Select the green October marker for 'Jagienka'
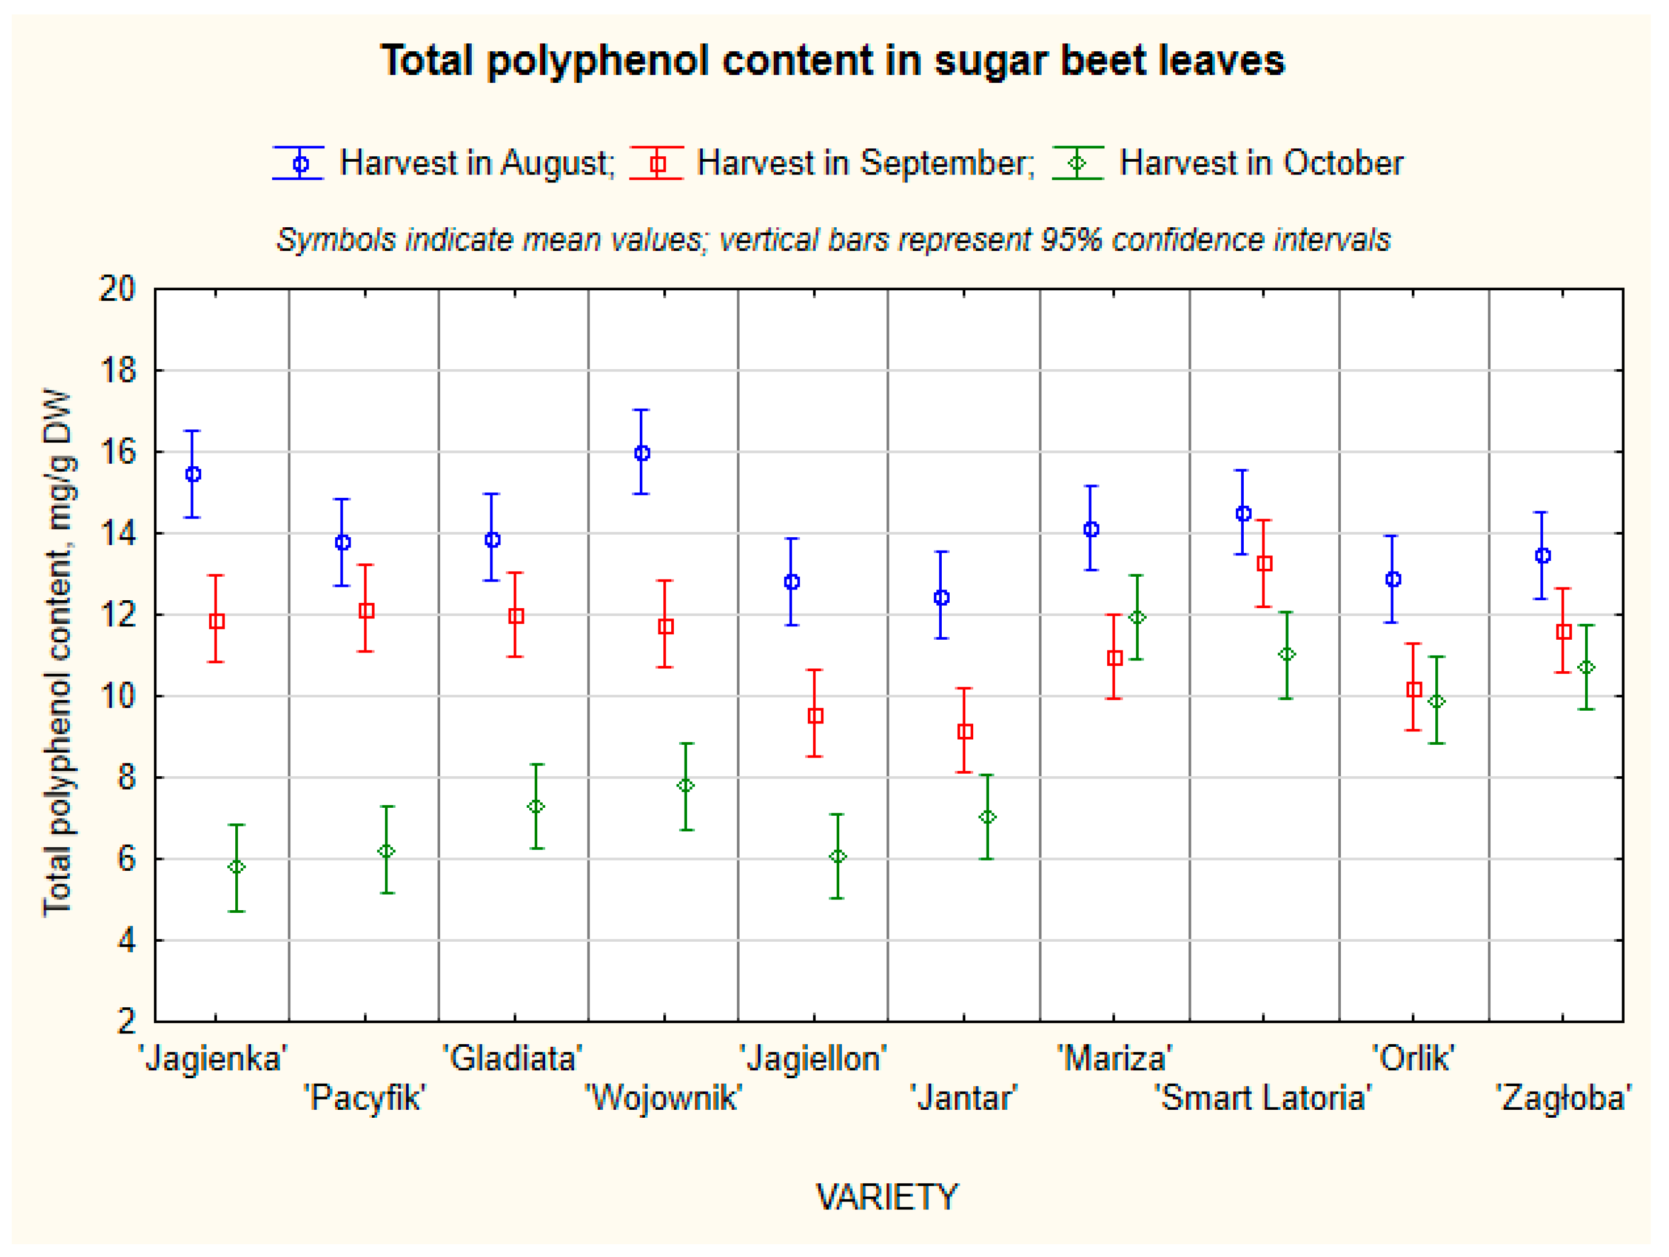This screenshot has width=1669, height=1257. click(x=236, y=867)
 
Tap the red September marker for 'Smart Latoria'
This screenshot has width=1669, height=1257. click(x=1265, y=563)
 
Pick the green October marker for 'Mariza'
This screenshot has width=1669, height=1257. click(x=1137, y=617)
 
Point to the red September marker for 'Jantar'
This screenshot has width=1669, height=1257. click(x=965, y=731)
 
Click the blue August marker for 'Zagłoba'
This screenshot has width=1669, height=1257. click(x=1543, y=556)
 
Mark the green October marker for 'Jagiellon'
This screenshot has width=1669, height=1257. click(x=838, y=856)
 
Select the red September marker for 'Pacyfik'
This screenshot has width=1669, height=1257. click(x=367, y=610)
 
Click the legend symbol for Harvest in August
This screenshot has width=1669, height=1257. click(x=299, y=163)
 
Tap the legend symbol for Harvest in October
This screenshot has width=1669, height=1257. click(x=1078, y=163)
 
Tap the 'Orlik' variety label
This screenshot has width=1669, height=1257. click(x=1412, y=1058)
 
